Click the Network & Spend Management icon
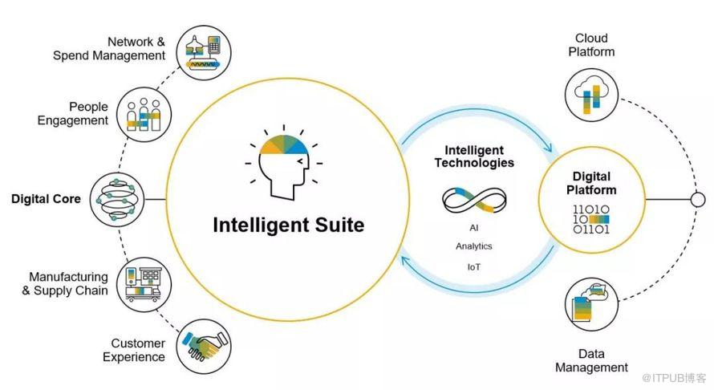(204, 53)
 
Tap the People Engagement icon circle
(144, 115)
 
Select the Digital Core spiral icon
(117, 200)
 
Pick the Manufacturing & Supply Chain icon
(144, 285)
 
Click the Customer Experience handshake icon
(204, 346)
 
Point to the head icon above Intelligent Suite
(284, 162)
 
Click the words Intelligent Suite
(289, 225)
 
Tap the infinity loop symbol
(474, 201)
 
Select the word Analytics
(474, 246)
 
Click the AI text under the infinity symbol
(474, 228)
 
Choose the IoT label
(474, 267)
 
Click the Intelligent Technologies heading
(474, 156)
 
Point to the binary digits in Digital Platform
(591, 219)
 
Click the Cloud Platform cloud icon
(591, 95)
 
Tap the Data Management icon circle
(591, 305)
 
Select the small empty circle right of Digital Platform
(698, 200)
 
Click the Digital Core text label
(46, 199)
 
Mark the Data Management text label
(591, 360)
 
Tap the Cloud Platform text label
(591, 45)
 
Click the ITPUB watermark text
(674, 378)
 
